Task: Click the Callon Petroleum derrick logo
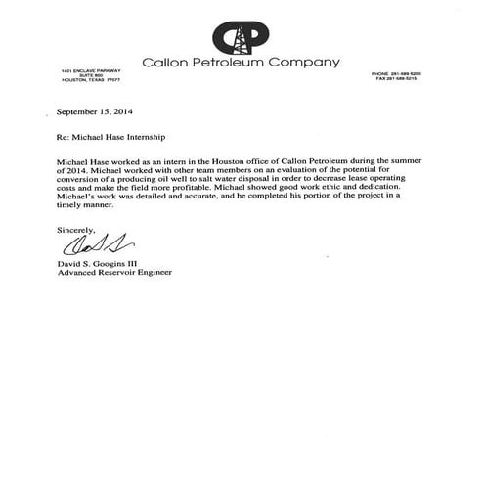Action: tap(241, 36)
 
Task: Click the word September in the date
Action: tap(79, 110)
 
